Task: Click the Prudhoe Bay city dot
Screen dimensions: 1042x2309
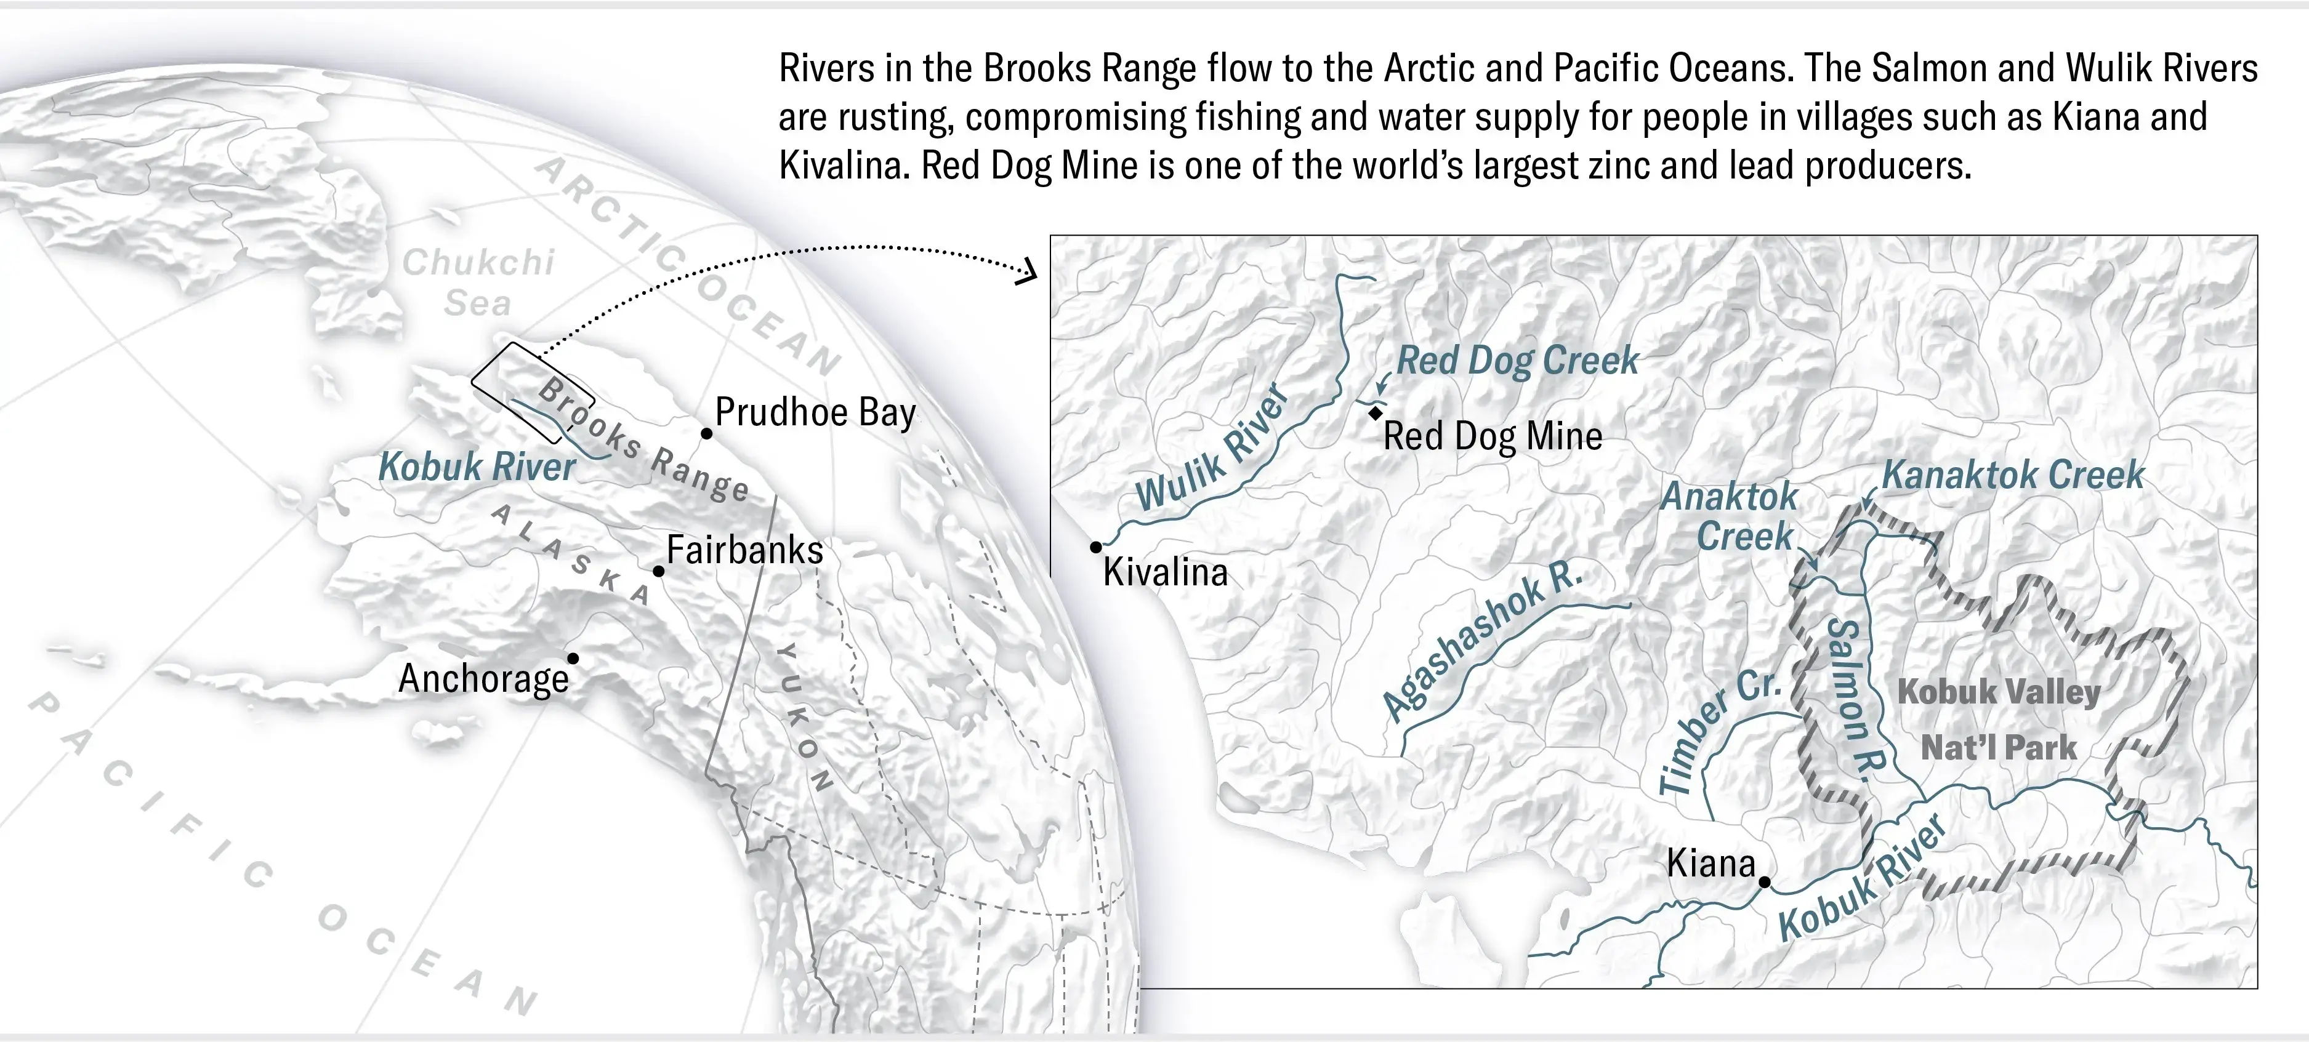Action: click(x=706, y=434)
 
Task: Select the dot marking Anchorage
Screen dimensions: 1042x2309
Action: click(x=573, y=659)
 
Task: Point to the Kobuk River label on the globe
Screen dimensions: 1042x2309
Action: click(x=476, y=467)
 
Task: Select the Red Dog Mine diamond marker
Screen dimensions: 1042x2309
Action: click(x=1375, y=413)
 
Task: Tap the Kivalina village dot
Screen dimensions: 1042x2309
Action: click(x=1095, y=547)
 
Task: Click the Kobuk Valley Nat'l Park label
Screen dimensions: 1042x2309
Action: click(x=1998, y=719)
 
